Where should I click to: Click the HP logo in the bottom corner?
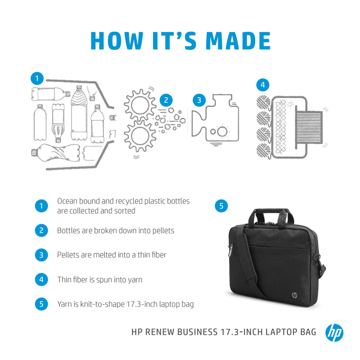pos(334,333)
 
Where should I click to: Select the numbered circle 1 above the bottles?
pos(37,78)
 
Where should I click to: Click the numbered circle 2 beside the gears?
pos(166,100)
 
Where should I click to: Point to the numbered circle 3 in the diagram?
pos(199,100)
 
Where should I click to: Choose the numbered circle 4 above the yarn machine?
pos(262,84)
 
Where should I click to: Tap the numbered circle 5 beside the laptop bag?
pos(221,206)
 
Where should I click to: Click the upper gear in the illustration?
pos(139,105)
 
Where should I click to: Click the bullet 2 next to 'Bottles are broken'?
pos(41,230)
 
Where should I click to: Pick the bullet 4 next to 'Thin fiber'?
pos(41,279)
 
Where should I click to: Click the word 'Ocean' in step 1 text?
pos(67,201)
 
